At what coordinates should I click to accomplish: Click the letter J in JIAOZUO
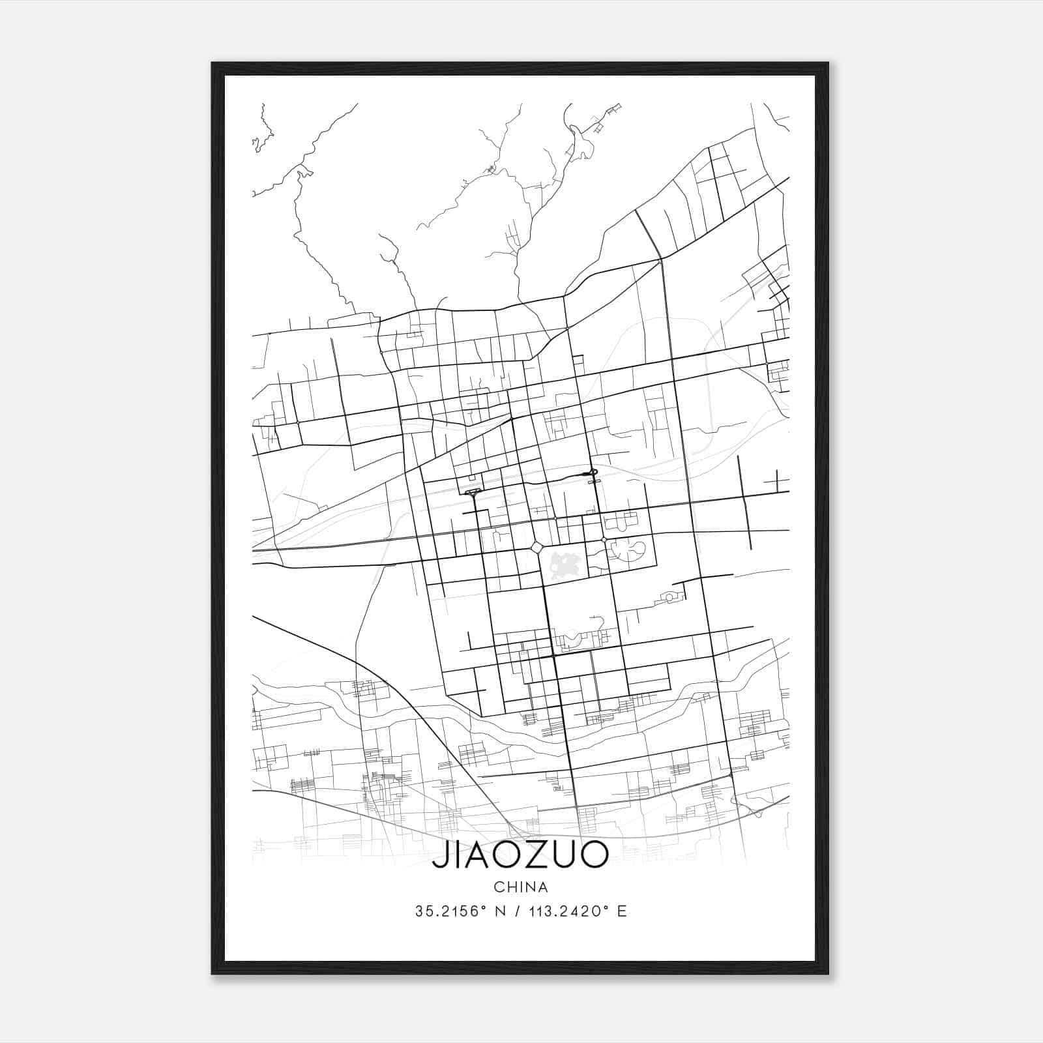point(439,855)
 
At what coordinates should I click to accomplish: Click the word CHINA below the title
point(521,887)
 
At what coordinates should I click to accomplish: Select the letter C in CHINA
point(498,887)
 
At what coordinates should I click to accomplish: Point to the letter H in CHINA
point(510,887)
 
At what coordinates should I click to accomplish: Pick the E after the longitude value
point(622,911)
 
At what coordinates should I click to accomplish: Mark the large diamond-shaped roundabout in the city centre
point(537,548)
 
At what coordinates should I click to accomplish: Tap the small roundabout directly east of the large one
point(604,540)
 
